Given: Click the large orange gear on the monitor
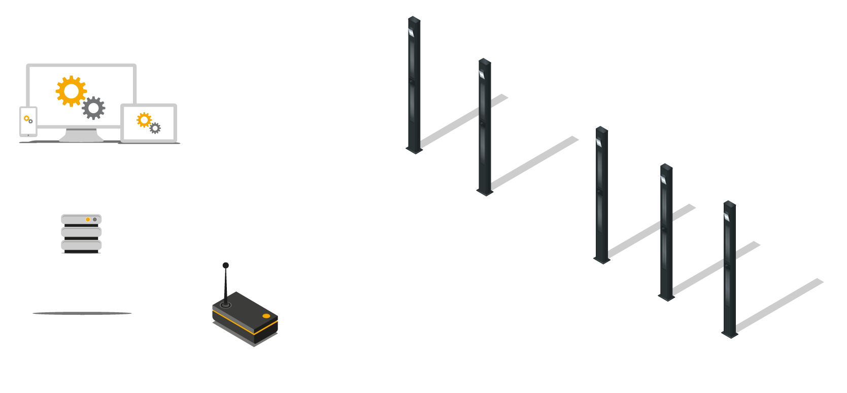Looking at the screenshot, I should click(71, 91).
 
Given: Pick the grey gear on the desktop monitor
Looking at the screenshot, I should click(93, 108).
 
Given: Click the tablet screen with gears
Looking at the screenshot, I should click(149, 122).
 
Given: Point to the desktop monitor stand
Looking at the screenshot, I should click(82, 135).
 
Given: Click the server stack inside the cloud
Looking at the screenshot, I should click(81, 234).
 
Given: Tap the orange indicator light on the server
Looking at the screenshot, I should click(88, 219).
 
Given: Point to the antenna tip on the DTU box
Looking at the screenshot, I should click(225, 265).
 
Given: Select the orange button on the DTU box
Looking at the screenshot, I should click(266, 316).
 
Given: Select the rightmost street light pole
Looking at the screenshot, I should click(729, 269).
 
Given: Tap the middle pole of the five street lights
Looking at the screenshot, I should click(602, 195).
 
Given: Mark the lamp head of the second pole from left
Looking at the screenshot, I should click(482, 74).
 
